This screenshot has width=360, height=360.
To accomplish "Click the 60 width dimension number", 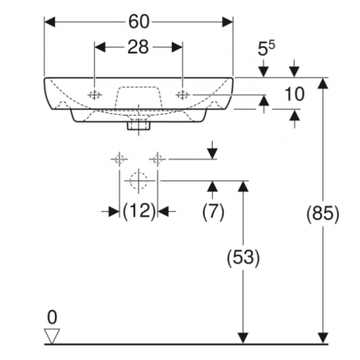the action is [x=139, y=22].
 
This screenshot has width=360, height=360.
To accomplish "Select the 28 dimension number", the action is [x=138, y=47].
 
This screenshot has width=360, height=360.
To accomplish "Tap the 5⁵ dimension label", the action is [x=267, y=49].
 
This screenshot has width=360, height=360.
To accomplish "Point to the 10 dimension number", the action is [x=294, y=94].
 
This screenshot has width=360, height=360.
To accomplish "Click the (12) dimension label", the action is [x=139, y=212].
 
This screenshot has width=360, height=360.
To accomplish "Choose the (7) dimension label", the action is [x=213, y=212].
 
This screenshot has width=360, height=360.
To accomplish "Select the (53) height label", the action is [x=243, y=257].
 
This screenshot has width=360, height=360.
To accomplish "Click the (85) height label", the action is [x=323, y=213].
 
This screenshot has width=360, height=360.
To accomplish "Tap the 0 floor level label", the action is [x=52, y=317].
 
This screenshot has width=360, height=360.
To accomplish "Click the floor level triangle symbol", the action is [x=52, y=336].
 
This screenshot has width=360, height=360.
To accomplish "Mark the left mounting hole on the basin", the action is [x=95, y=95].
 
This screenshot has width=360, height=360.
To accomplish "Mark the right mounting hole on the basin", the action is [x=182, y=95].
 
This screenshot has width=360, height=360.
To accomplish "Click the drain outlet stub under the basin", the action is [x=139, y=126].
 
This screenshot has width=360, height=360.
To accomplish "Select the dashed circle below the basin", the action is [x=139, y=181].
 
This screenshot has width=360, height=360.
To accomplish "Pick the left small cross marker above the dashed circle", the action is [x=119, y=159].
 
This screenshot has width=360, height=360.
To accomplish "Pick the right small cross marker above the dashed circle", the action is [x=158, y=159].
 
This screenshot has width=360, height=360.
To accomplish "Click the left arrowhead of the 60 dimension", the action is [x=49, y=22].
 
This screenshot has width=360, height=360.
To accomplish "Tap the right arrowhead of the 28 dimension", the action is [x=177, y=47].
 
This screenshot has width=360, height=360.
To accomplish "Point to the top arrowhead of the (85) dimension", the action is [x=323, y=84].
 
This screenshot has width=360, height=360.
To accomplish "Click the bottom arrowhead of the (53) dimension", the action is [x=243, y=338].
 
